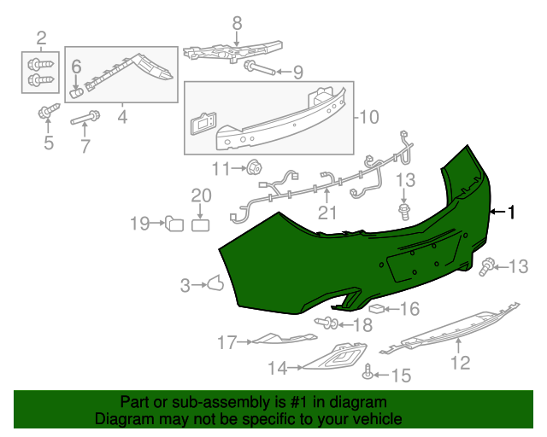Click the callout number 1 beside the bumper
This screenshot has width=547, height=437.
(x=512, y=213)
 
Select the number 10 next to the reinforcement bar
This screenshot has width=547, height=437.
(x=368, y=117)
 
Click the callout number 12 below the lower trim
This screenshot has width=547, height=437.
(x=461, y=363)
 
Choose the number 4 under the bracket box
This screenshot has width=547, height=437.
(x=122, y=115)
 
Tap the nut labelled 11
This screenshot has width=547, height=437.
(x=255, y=168)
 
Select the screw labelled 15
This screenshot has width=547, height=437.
(x=368, y=372)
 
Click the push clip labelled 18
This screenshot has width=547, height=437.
(x=326, y=323)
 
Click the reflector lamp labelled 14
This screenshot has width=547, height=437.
(x=338, y=357)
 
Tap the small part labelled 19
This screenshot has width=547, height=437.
(x=174, y=224)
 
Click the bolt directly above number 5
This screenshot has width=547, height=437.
(x=48, y=111)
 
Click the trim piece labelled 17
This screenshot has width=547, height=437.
(x=278, y=340)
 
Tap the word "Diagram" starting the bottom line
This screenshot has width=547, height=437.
(x=121, y=419)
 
